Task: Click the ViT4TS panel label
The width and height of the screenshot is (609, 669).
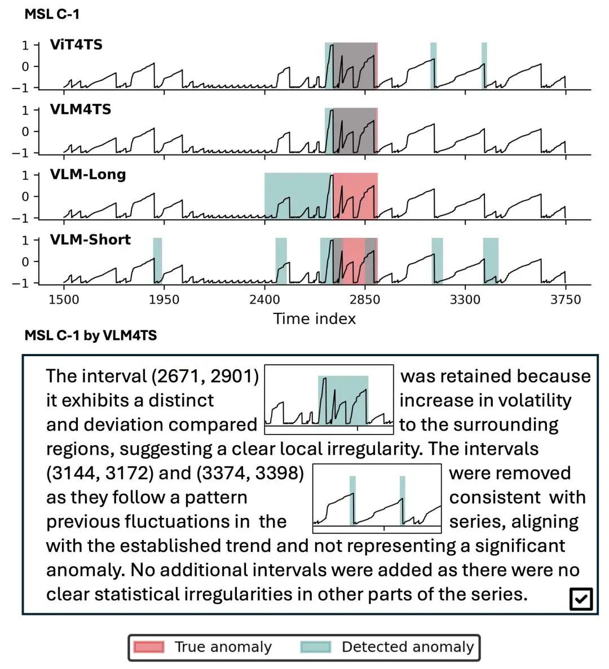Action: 76,45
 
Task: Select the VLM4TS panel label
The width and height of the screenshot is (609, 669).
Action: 81,109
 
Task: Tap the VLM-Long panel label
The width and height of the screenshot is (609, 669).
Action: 88,174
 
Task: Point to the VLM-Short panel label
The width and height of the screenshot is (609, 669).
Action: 90,240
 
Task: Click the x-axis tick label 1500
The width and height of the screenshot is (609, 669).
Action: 64,299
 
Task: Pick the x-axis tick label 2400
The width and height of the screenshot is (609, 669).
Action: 264,299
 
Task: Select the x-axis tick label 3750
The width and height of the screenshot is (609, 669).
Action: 566,299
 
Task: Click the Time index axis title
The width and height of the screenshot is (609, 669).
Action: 315,319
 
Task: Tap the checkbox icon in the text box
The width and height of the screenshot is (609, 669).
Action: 581,599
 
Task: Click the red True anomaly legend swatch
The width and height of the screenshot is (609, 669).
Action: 149,647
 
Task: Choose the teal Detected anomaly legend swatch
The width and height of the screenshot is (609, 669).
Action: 316,647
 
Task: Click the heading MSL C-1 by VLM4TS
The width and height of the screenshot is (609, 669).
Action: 91,336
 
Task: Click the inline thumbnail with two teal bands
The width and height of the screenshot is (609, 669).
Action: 377,498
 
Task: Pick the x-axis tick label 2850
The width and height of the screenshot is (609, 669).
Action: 365,299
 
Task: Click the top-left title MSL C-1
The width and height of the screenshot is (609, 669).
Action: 52,14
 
